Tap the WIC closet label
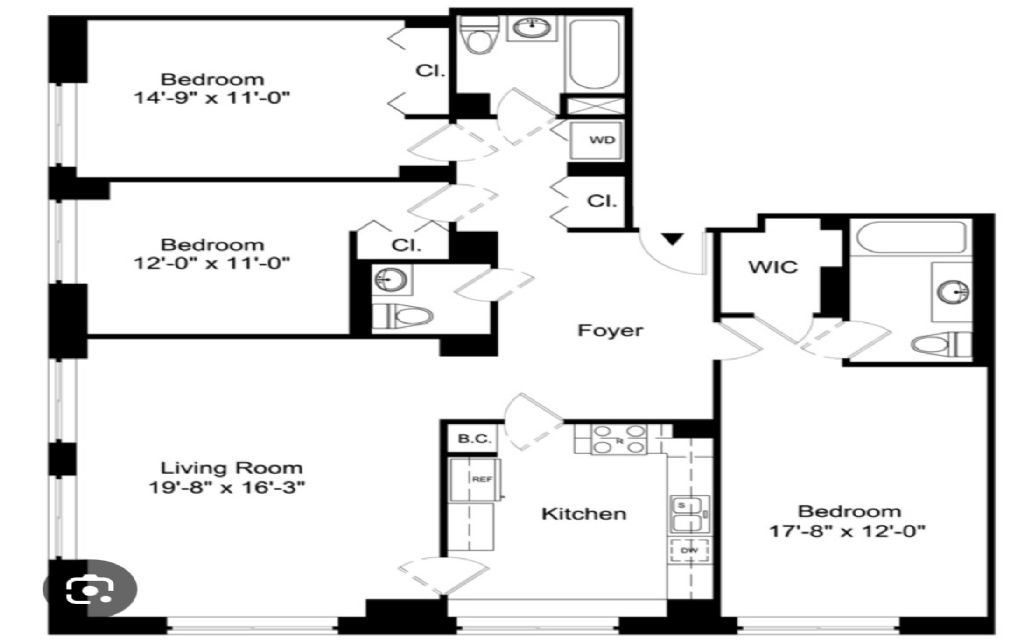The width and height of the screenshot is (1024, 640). tap(773, 269)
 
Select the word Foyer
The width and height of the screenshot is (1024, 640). tap(611, 330)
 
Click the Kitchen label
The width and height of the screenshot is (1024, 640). tap(584, 514)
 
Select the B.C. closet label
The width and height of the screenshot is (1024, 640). tap(471, 437)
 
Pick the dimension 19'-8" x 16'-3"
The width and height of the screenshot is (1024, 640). tap(233, 488)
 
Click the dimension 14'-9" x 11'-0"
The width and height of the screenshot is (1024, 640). tap(213, 98)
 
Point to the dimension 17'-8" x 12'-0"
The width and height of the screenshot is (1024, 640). tap(850, 531)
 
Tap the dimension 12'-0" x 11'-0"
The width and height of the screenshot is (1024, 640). tap(213, 263)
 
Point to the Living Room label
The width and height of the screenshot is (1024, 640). tap(232, 468)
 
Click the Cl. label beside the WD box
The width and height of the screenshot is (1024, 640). tap(601, 201)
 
